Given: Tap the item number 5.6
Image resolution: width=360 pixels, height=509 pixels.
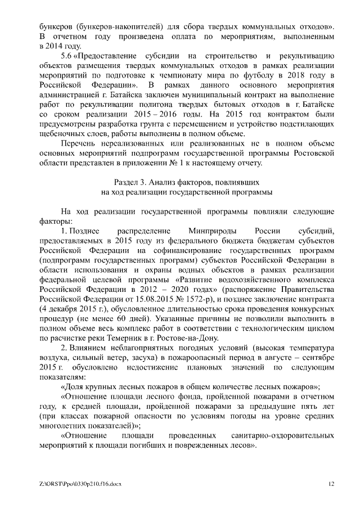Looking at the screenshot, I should click(x=66, y=56).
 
